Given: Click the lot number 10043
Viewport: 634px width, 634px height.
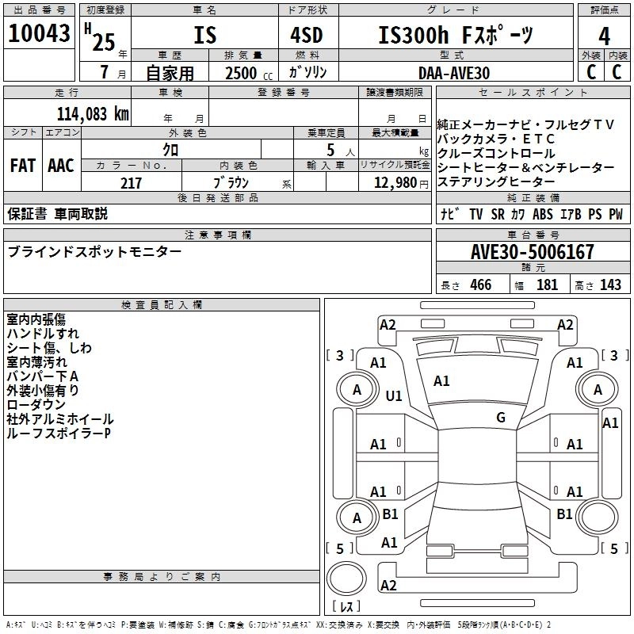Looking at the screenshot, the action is [39, 35].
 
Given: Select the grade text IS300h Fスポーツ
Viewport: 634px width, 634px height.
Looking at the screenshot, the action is [454, 36].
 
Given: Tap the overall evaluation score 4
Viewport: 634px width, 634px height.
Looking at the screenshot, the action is [604, 36].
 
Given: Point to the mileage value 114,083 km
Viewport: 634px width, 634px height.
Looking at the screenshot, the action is [92, 113].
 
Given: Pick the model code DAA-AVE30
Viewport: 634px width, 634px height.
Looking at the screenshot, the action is [454, 72].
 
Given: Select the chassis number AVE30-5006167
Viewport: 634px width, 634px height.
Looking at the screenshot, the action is [532, 253].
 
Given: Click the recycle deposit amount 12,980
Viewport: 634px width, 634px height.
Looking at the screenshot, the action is [394, 183].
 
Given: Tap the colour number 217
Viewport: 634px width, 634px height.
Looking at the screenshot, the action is [131, 183].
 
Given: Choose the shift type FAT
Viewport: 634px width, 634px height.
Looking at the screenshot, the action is [23, 166].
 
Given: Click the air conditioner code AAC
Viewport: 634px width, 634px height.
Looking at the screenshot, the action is [61, 166].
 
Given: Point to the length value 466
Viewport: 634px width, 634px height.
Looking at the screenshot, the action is [478, 285].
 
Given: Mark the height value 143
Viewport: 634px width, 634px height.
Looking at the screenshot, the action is [610, 285].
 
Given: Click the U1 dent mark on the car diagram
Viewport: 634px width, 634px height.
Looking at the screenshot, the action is [394, 395].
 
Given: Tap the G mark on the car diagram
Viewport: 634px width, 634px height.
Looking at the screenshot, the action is [500, 418].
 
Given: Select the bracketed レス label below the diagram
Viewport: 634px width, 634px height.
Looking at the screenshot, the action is [346, 606].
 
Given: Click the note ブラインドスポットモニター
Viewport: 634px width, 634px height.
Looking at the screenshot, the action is [94, 252].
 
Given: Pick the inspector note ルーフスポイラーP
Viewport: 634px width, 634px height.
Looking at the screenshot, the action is [59, 433].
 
